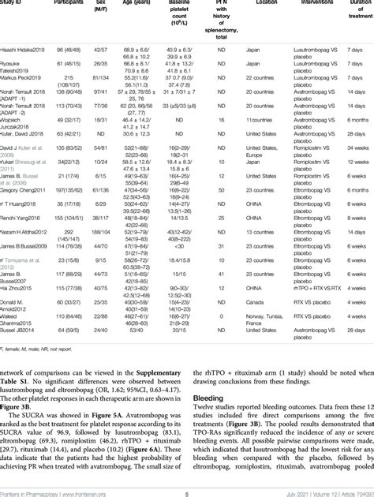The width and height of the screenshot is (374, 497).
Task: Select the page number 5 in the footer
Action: tap(186, 491)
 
